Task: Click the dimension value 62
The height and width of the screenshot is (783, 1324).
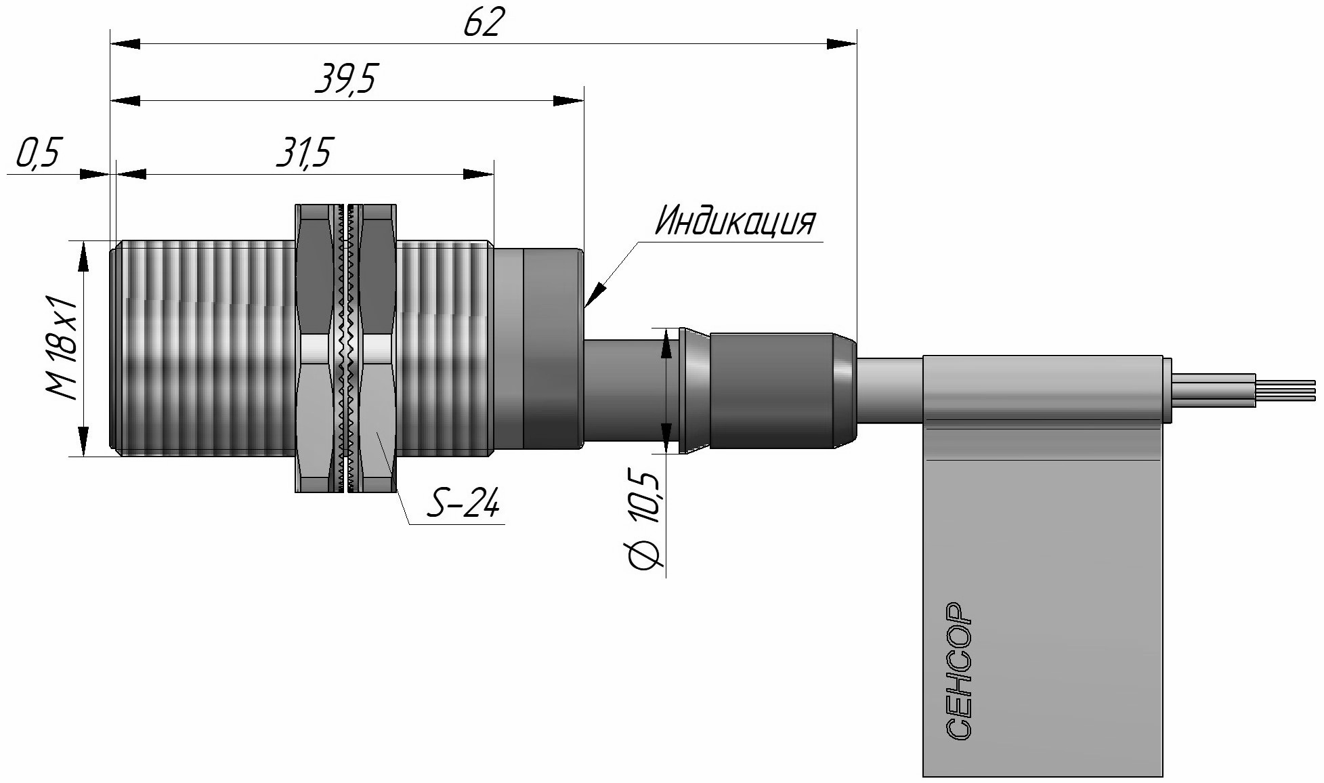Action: pos(484,23)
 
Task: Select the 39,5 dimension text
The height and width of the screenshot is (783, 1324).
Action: pos(345,80)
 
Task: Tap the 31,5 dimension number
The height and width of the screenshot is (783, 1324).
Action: pos(304,153)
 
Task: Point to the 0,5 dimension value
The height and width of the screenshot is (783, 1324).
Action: pos(38,153)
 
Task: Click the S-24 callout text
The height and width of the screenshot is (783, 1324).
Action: pos(465,505)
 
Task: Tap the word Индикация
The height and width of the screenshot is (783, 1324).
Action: pos(735,220)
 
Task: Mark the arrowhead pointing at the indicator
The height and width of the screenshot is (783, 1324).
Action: pos(596,295)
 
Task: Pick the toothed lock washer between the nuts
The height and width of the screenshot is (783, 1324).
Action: pos(347,349)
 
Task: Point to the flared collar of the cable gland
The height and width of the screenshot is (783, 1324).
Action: pos(693,389)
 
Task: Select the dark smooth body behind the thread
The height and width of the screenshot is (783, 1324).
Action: pos(538,349)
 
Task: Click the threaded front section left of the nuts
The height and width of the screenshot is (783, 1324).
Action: pos(203,349)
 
